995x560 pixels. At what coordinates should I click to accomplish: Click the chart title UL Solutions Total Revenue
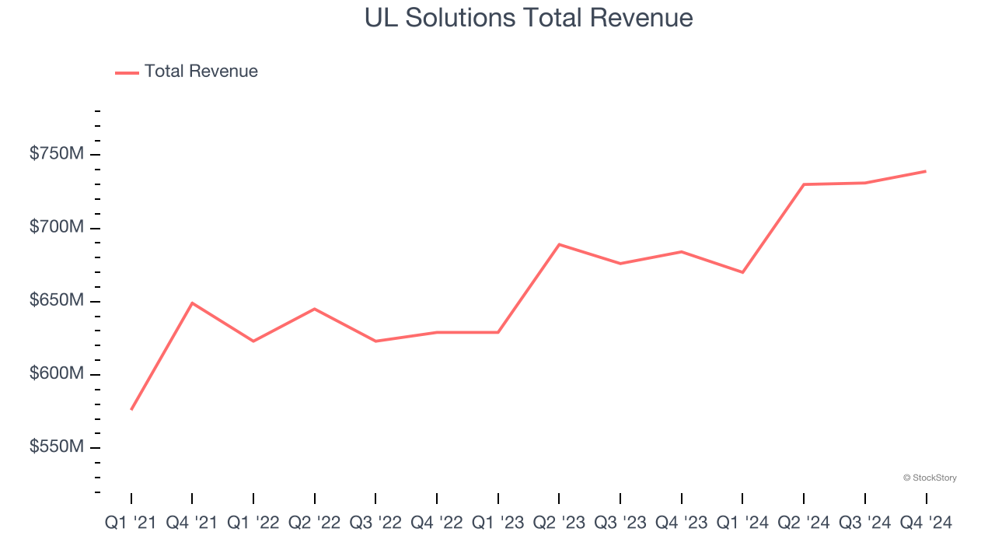(x=529, y=17)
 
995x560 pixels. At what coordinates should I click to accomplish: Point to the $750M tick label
(x=56, y=154)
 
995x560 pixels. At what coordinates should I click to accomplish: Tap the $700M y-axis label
(x=56, y=227)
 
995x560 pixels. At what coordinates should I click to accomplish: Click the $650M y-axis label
(x=56, y=300)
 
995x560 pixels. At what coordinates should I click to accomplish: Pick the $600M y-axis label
(x=56, y=373)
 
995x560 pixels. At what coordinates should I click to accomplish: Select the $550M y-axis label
(x=56, y=447)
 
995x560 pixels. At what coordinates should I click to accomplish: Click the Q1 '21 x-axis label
(x=131, y=523)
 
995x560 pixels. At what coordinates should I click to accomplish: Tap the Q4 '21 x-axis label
(x=192, y=523)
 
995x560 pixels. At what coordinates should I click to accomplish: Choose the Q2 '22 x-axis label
(x=314, y=523)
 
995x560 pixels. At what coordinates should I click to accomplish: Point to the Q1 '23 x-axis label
(x=497, y=523)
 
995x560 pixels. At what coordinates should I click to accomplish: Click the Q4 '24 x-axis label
(x=925, y=523)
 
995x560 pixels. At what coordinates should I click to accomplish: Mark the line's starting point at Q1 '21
(x=131, y=409)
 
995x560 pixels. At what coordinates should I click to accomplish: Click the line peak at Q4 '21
(x=192, y=303)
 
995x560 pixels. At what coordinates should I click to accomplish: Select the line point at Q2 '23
(x=559, y=244)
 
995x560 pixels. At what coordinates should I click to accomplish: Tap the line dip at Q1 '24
(x=742, y=272)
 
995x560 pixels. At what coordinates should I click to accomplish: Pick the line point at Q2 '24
(x=804, y=184)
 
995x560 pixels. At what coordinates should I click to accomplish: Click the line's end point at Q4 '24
(x=925, y=171)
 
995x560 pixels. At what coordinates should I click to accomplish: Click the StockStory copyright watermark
(x=930, y=478)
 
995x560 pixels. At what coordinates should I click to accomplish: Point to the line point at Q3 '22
(x=375, y=341)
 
